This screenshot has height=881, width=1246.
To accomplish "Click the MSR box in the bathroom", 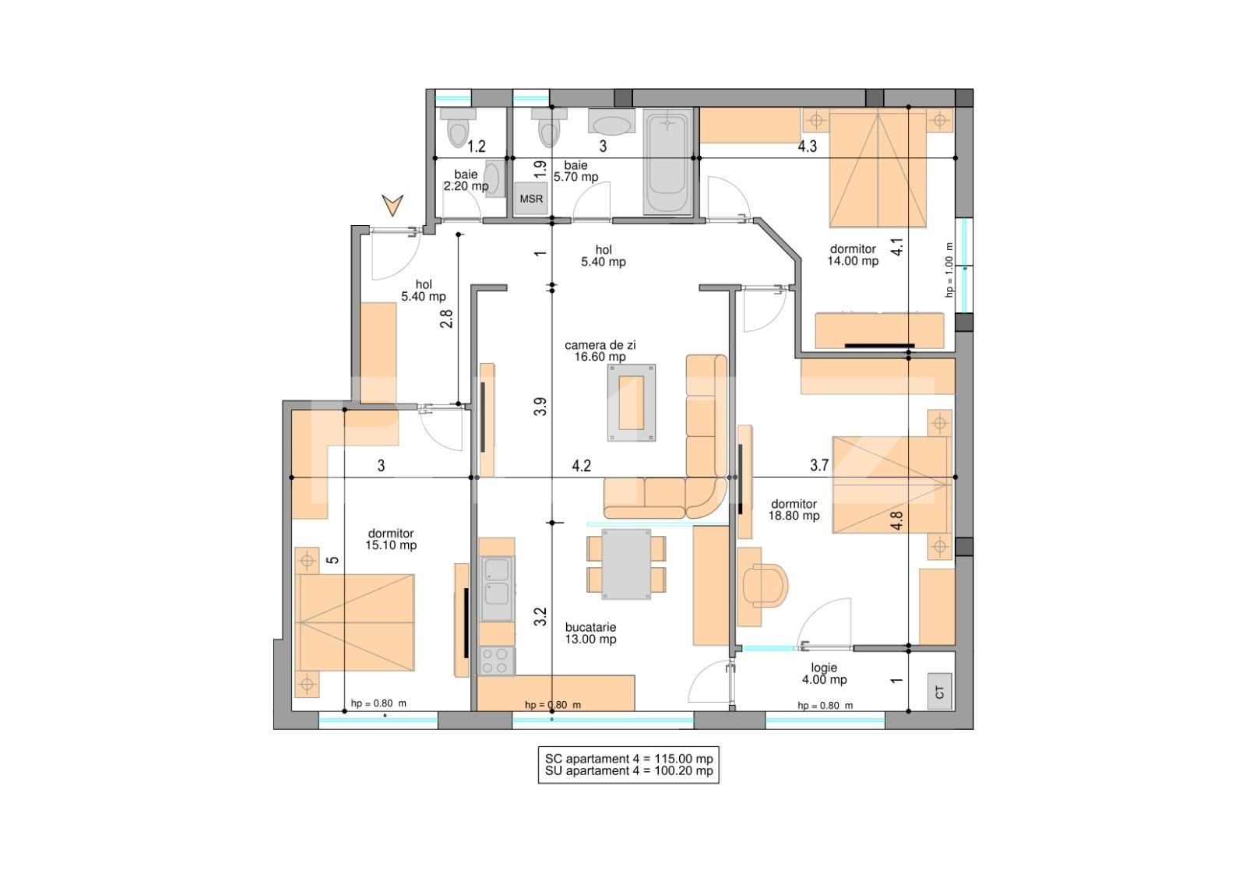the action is coord(531,199).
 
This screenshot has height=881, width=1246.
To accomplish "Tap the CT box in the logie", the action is coord(939,692).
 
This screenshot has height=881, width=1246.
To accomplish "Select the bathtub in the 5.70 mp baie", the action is coord(667,161).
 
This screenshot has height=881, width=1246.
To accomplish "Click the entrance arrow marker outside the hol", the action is coord(392,205).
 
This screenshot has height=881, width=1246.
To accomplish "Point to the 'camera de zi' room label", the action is coord(600,345).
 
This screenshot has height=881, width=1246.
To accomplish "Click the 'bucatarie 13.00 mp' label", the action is coord(591,633).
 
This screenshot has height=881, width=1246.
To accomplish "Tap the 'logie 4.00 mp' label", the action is coord(825,674).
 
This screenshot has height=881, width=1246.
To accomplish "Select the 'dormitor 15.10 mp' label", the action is coord(391,539).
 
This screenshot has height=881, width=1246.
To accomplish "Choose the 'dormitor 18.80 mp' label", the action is coord(794,509).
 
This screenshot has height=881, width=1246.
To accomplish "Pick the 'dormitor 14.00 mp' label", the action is coord(853,255).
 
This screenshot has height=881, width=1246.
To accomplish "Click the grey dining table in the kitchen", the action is coord(626,564).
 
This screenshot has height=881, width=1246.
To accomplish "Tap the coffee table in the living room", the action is coord(632,403).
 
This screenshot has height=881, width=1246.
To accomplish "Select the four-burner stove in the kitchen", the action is coord(497,661).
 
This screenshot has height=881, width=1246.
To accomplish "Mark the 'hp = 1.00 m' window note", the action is coord(949,270).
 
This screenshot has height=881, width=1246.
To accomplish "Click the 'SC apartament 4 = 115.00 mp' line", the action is coord(628,759).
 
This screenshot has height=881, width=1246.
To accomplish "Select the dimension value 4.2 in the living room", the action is coord(581,465).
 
